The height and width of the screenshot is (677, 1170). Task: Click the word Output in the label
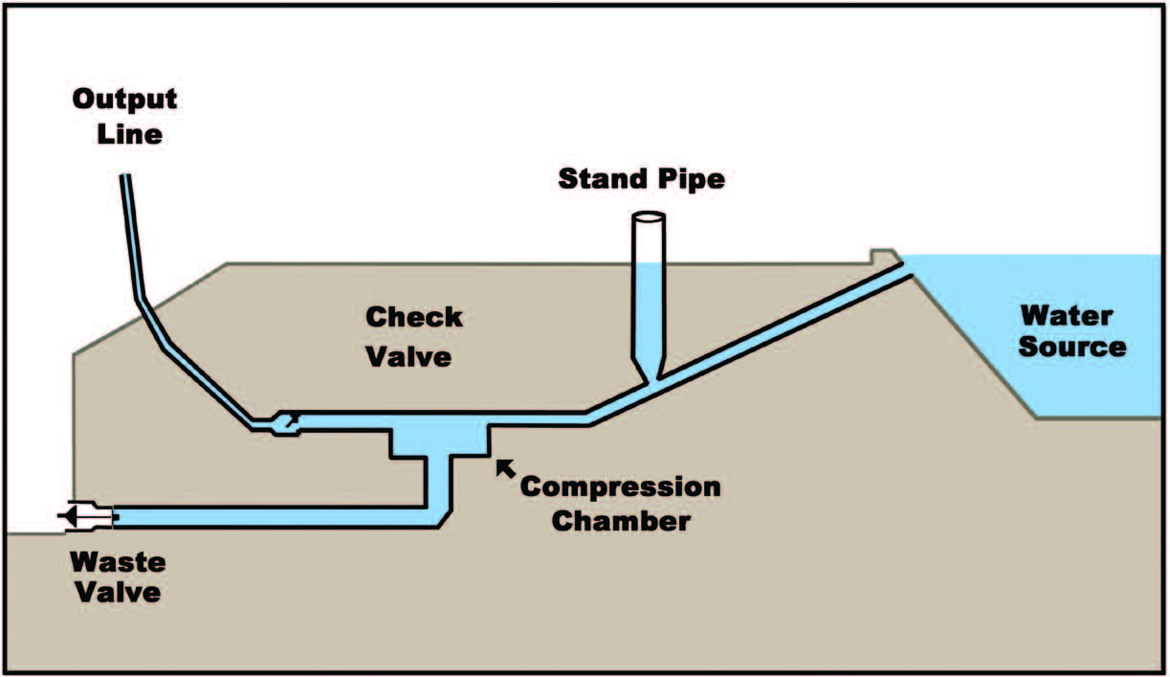(125, 100)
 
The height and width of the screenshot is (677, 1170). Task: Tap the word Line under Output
(129, 133)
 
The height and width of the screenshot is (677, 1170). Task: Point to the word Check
(414, 317)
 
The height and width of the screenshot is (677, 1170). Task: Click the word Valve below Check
(412, 356)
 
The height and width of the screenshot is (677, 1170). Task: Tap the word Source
(1071, 346)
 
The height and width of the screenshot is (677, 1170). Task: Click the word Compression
(620, 486)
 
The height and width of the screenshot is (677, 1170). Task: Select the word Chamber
(619, 522)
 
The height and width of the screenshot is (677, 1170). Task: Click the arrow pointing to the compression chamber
(504, 467)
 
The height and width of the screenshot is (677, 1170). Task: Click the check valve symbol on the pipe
(286, 422)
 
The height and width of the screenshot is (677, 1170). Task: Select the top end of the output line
(126, 180)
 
